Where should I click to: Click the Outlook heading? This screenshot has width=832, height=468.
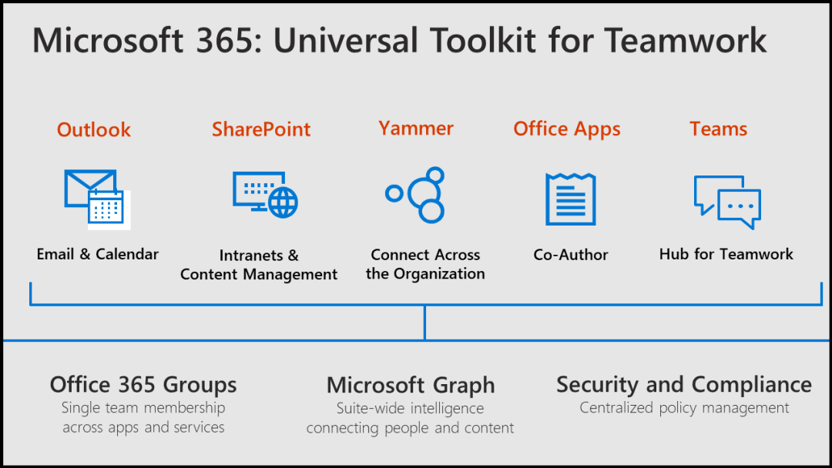[94, 129]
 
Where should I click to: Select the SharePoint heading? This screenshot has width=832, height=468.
[261, 129]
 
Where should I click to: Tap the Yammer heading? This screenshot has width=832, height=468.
[416, 128]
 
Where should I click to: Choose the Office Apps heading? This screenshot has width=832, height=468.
[567, 129]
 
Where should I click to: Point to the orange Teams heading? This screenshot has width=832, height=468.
[718, 129]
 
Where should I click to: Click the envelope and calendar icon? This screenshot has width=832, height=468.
[97, 199]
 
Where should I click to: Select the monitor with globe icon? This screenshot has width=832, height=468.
[265, 193]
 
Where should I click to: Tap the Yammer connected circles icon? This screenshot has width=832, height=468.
[417, 195]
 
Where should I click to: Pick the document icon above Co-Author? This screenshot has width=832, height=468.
[571, 199]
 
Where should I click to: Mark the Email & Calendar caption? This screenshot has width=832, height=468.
[98, 254]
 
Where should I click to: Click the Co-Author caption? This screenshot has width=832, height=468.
[571, 255]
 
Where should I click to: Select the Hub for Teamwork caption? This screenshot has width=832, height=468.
[726, 254]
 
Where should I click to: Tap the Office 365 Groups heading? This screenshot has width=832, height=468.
[143, 385]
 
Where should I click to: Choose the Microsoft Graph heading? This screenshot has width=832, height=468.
[411, 385]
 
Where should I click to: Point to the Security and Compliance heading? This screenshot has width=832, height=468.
[684, 384]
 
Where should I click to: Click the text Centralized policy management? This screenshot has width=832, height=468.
[684, 408]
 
